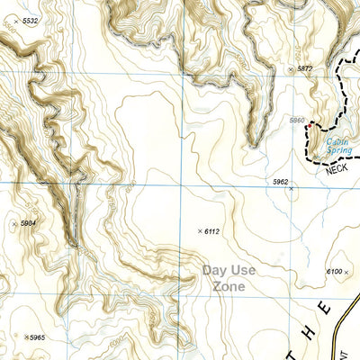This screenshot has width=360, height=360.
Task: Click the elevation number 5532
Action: [31, 20]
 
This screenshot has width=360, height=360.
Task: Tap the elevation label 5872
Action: [304, 68]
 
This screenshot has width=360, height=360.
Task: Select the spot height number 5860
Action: [299, 119]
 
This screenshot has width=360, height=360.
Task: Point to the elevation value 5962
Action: [280, 182]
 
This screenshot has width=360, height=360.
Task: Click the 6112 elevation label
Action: [212, 232]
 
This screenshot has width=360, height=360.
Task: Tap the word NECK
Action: [337, 168]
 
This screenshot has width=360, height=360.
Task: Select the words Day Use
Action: [229, 269]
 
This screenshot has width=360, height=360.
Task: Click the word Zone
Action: [229, 286]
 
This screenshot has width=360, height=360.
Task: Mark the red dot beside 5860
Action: [307, 128]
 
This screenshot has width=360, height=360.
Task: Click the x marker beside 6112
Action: [199, 232]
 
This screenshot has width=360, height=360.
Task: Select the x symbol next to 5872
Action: [290, 68]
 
